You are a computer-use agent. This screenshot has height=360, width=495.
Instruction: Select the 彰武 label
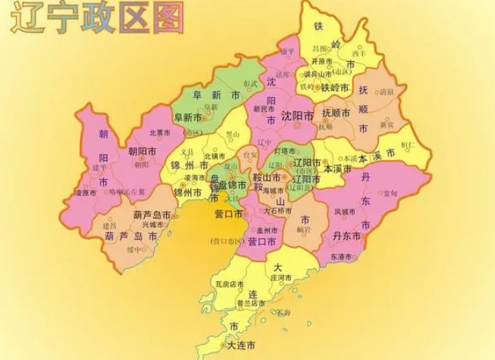250,84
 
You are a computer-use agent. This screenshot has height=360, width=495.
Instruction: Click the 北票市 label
159,133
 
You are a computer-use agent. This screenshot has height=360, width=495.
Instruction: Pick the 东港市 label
340,257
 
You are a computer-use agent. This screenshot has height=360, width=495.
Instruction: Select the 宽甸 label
390,193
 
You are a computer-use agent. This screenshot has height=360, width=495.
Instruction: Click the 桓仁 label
429,145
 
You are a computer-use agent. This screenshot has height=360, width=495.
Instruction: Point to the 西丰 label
359,52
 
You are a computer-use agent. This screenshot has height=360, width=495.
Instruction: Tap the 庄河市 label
281,277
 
